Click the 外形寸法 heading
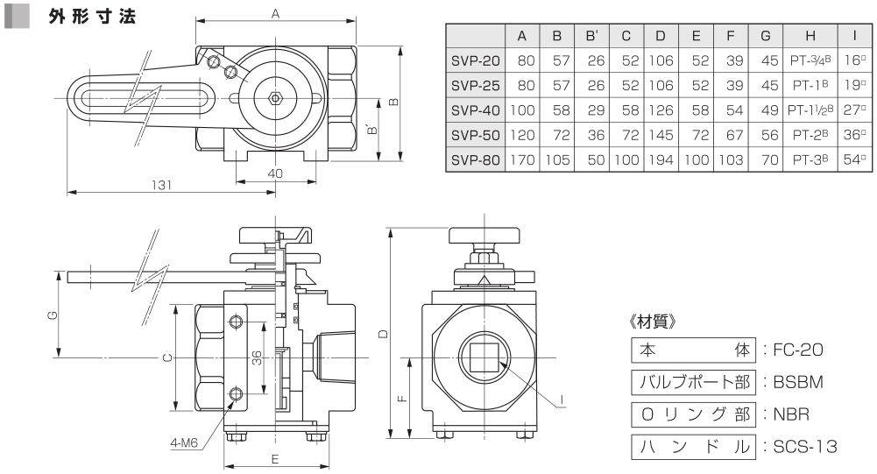coord(92,17)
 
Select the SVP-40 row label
coord(475,110)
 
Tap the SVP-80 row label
coord(475,160)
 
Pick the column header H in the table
coord(810,37)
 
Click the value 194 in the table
coord(661,160)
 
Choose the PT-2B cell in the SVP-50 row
coord(810,135)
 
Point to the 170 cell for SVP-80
coord(522,160)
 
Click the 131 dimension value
coord(161,185)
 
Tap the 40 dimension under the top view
coord(274,173)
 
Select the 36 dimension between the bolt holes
coord(256,357)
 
